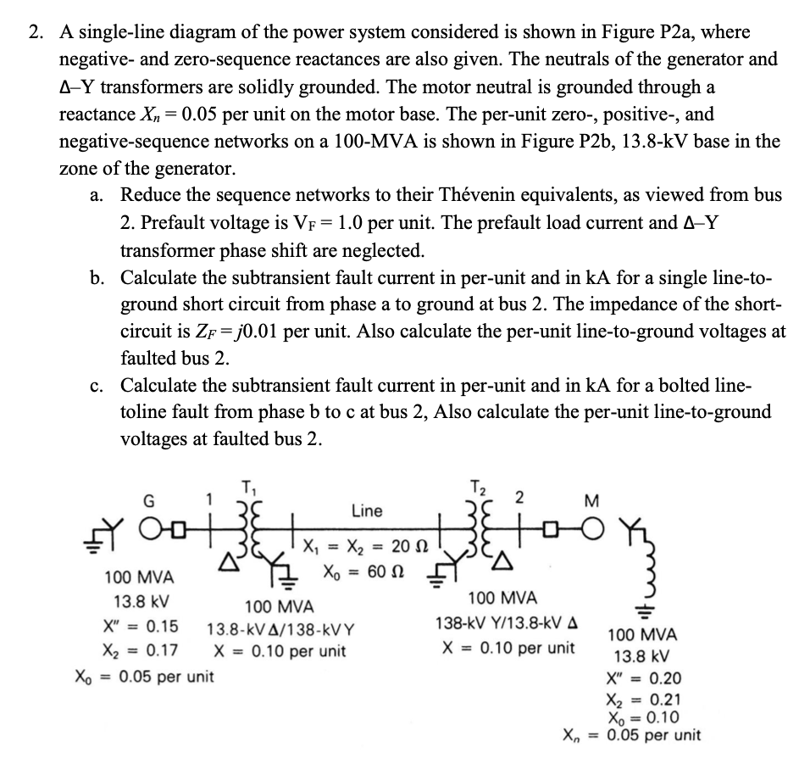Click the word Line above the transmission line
tap(367, 511)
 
